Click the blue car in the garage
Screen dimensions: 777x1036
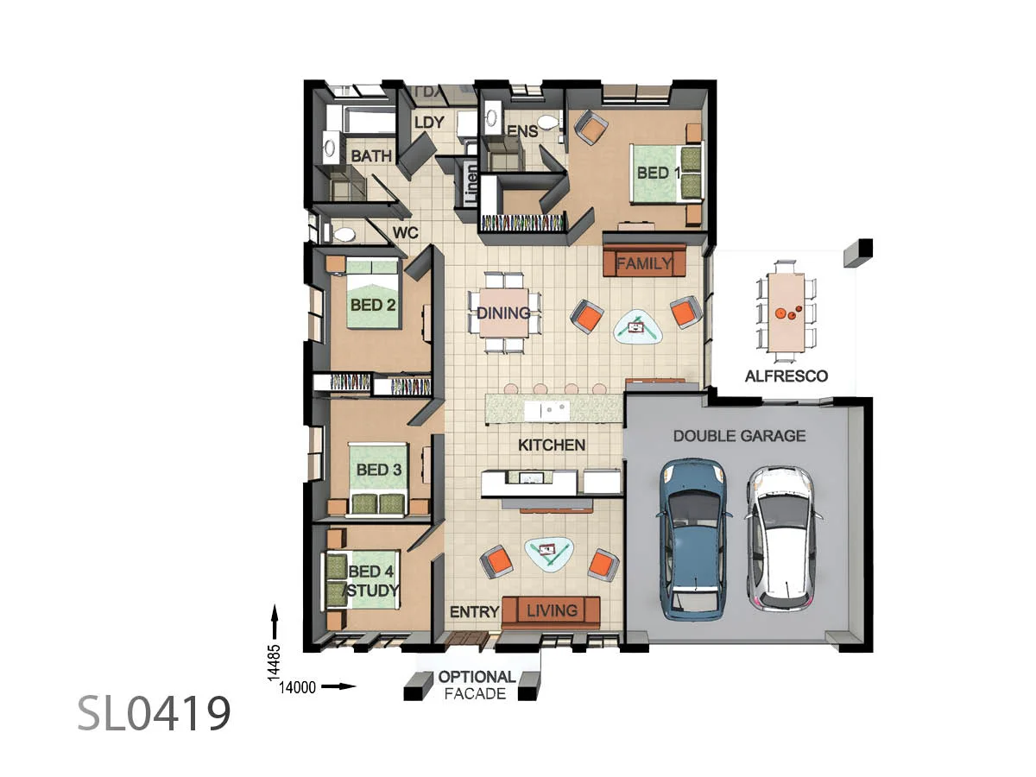[694, 540]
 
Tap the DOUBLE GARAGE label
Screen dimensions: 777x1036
[739, 436]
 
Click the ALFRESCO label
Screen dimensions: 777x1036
[786, 376]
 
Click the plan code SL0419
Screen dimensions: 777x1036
[155, 712]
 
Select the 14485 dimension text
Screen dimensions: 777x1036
[275, 665]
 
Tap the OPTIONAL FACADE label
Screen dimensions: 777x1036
[477, 685]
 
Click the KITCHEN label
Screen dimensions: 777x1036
[552, 445]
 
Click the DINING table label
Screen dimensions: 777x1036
[503, 313]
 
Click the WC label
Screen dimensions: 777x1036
[406, 233]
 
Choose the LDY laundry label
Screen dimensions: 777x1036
[429, 123]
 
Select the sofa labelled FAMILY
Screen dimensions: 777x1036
[645, 262]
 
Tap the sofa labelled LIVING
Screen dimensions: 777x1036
[552, 611]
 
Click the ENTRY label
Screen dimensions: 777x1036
[475, 612]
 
